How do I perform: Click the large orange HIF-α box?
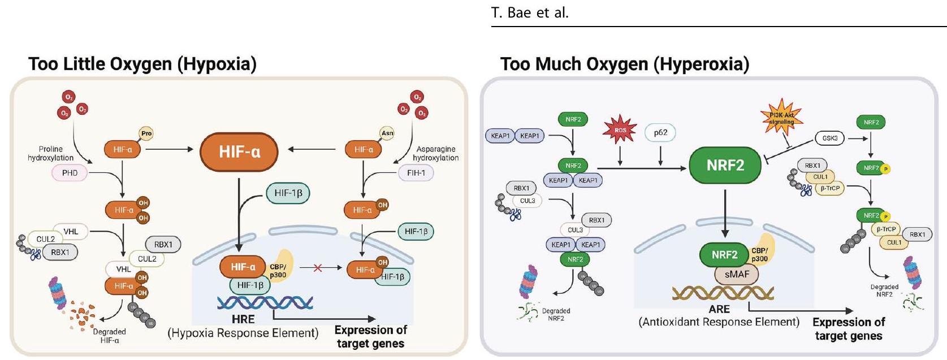click(240, 151)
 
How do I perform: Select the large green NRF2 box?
click(725, 166)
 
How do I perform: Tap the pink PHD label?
click(70, 173)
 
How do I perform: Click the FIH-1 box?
click(416, 173)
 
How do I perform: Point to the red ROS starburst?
click(620, 130)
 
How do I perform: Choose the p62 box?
click(660, 133)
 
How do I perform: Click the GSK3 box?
click(830, 138)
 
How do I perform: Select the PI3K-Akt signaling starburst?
click(782, 119)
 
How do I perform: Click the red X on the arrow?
click(318, 268)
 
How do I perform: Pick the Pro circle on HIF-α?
click(146, 134)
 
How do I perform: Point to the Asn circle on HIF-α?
click(387, 133)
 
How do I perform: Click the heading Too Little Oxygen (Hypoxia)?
click(142, 64)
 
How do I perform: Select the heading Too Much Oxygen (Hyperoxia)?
click(624, 64)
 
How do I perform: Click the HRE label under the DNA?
click(243, 319)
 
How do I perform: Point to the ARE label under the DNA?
click(719, 309)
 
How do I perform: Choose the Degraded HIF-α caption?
click(109, 336)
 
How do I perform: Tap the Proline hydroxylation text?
click(50, 153)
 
